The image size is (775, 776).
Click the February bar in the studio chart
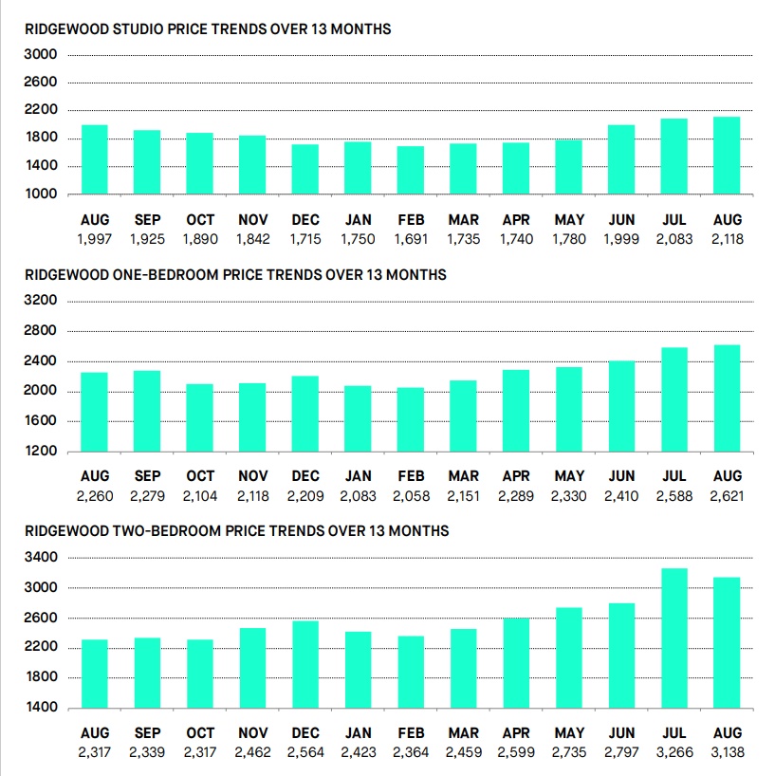[x=410, y=170]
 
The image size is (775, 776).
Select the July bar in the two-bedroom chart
[x=674, y=637]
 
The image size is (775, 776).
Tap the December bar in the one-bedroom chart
[x=304, y=414]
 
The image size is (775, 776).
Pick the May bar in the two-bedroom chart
[x=568, y=657]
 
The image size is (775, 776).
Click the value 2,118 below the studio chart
[x=727, y=239]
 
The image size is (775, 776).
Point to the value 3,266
[x=674, y=752]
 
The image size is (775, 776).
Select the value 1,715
[x=304, y=239]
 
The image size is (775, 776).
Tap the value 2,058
[x=411, y=496]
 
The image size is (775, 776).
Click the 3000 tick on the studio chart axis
[x=41, y=54]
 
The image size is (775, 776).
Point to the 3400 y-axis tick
[x=41, y=557]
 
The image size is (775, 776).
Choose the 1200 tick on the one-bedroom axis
[x=41, y=451]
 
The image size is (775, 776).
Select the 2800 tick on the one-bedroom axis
[x=41, y=330]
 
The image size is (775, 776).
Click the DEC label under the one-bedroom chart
[x=305, y=476]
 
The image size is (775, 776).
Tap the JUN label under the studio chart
[x=621, y=220]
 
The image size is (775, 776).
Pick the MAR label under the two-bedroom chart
[x=463, y=733]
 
